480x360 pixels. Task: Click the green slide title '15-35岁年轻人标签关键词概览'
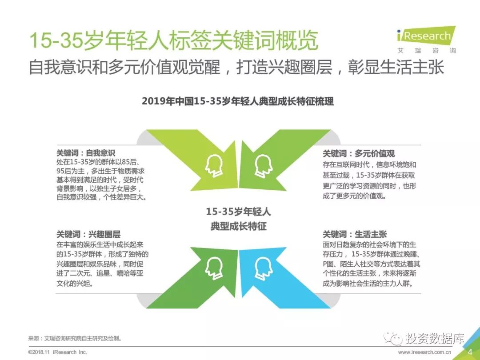(174, 41)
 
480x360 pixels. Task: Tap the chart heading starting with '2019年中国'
(237, 101)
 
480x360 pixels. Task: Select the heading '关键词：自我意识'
(86, 153)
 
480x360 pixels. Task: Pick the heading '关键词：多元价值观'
(359, 154)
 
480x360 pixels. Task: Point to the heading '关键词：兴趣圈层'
(88, 234)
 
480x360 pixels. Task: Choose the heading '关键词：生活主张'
(355, 234)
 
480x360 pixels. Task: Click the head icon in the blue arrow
(264, 268)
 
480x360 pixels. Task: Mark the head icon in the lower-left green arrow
(214, 268)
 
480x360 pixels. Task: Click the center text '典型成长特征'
(238, 226)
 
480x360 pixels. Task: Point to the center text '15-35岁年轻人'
(238, 212)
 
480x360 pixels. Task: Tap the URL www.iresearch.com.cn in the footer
(425, 352)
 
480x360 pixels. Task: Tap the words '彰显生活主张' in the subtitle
(396, 67)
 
